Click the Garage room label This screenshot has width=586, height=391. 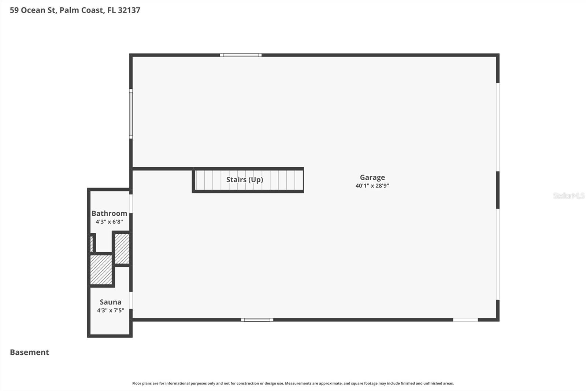point(372,178)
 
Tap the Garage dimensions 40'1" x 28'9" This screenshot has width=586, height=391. point(372,186)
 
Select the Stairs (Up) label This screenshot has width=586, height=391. point(245,180)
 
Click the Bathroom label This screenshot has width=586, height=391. point(109,213)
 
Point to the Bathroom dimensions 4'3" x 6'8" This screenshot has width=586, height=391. point(109,222)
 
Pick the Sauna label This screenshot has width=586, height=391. point(110,302)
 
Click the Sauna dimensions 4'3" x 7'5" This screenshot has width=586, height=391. point(110,311)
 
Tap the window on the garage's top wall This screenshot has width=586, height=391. point(241,55)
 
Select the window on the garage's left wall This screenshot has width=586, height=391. point(131,114)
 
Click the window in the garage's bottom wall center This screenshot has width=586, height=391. point(257,320)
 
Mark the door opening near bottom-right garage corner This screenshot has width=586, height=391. point(465,320)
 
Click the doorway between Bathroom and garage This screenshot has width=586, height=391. point(131,204)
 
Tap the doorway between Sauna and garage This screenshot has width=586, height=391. point(131,300)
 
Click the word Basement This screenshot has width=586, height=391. point(29,352)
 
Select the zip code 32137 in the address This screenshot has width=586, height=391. point(129,10)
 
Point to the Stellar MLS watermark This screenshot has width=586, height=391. point(568,196)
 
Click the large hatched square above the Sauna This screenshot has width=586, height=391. point(101,270)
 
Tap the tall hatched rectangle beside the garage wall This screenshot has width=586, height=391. point(122,249)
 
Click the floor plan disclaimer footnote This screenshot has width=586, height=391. point(293,383)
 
